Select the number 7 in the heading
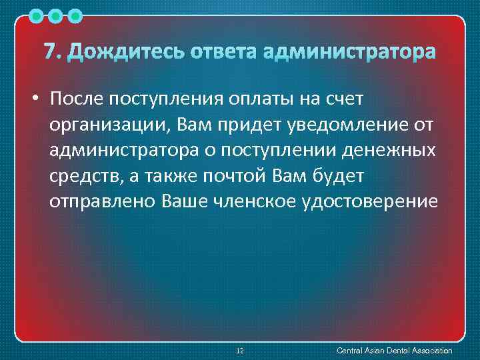49,51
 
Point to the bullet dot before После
34,100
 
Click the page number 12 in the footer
241,351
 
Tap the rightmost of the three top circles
75,14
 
